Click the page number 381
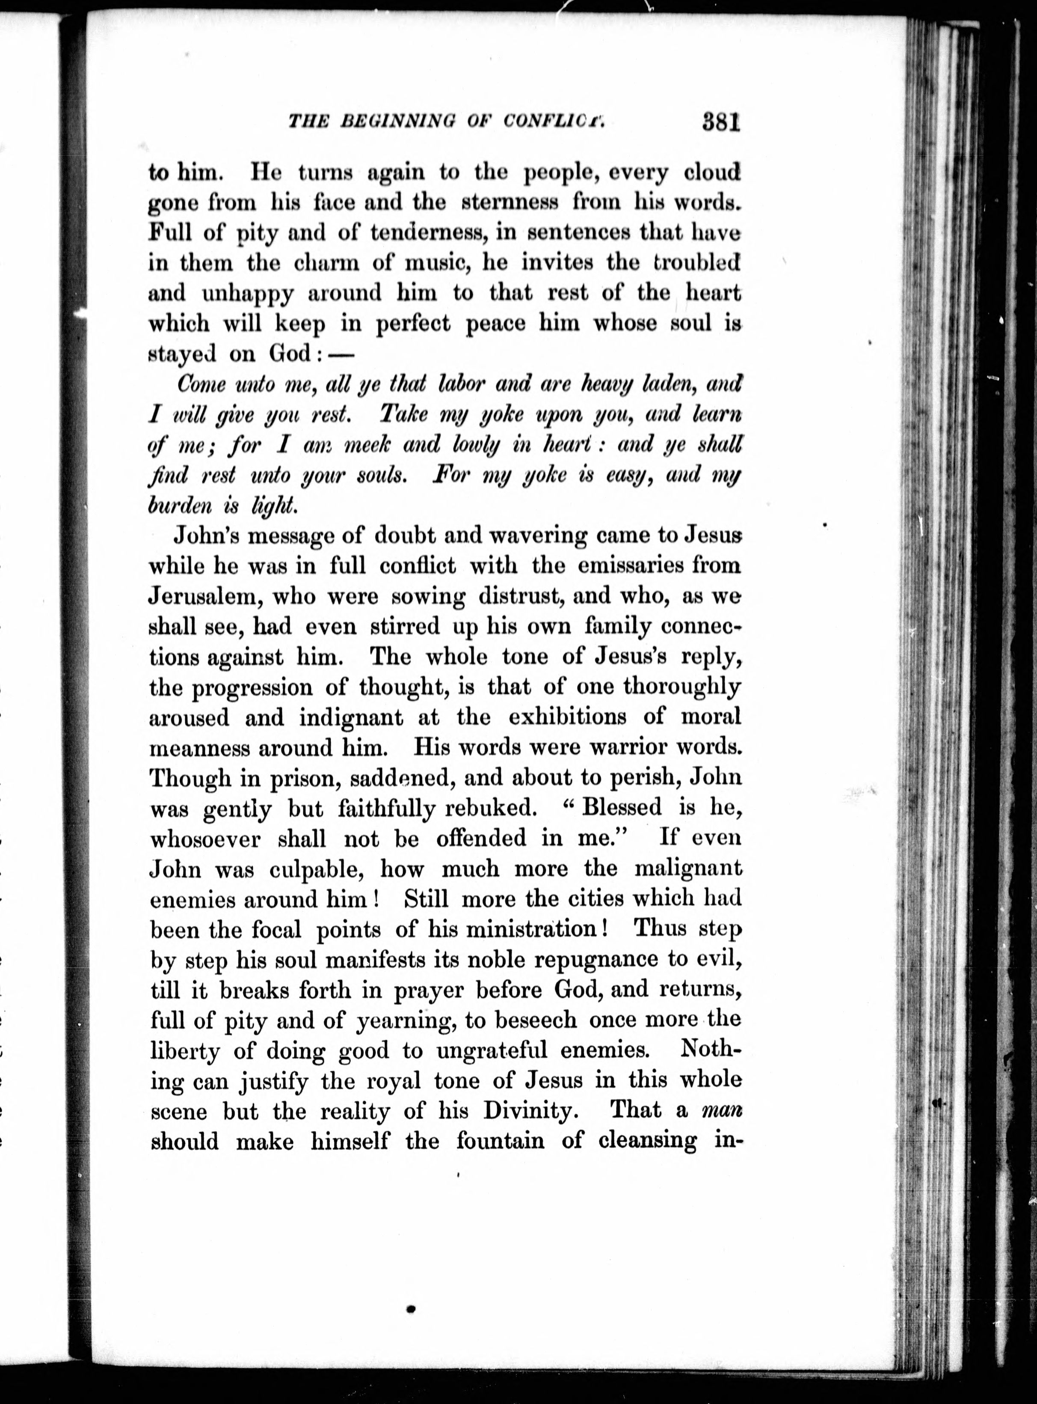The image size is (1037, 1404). pos(721,121)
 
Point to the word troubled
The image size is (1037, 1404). pos(696,262)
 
